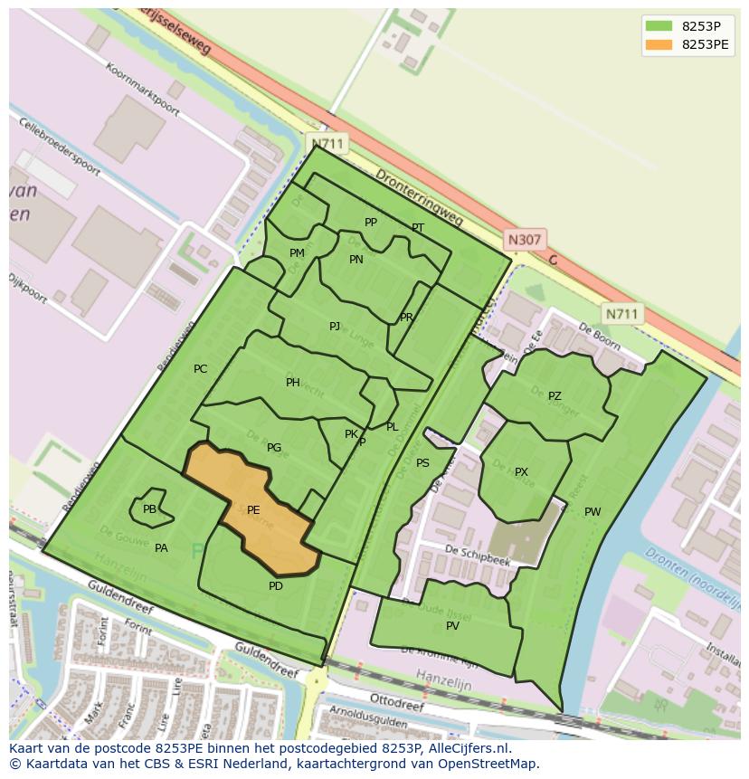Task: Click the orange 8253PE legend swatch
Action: click(x=659, y=44)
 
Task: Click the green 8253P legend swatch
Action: click(x=659, y=26)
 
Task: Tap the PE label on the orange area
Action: click(x=253, y=510)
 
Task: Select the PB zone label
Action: click(x=149, y=509)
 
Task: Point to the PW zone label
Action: click(x=593, y=512)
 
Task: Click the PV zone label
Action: click(x=452, y=626)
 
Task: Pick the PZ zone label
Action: click(x=555, y=396)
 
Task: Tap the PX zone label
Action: click(x=521, y=472)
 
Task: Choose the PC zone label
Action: click(x=200, y=368)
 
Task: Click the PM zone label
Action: click(x=297, y=253)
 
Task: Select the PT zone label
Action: click(x=418, y=228)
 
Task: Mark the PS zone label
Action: click(x=422, y=463)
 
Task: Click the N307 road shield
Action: click(x=524, y=240)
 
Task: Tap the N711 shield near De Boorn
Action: click(x=621, y=314)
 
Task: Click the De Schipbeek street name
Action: click(x=478, y=556)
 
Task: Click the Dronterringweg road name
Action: click(x=419, y=196)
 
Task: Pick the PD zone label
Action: click(x=276, y=586)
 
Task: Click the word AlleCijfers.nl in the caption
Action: click(x=469, y=748)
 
